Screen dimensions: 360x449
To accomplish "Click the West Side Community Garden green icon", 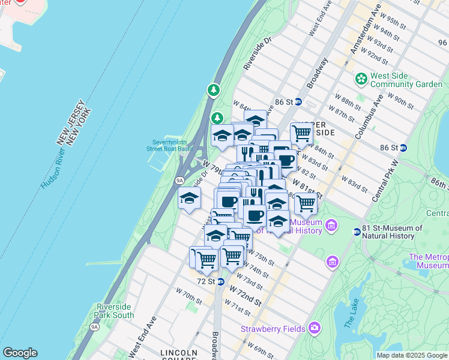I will click(x=361, y=79).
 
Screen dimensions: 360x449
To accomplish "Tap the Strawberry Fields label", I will click(x=274, y=329).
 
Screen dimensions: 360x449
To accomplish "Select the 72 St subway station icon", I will click(x=220, y=281).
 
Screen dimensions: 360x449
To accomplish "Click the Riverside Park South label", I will click(x=115, y=311).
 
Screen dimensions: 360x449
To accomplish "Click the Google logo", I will click(x=20, y=353).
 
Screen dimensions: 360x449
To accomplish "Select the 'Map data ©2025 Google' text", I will click(x=412, y=355).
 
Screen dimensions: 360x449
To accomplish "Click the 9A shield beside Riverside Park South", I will click(x=94, y=327).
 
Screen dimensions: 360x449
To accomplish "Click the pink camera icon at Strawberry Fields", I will click(x=315, y=328).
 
